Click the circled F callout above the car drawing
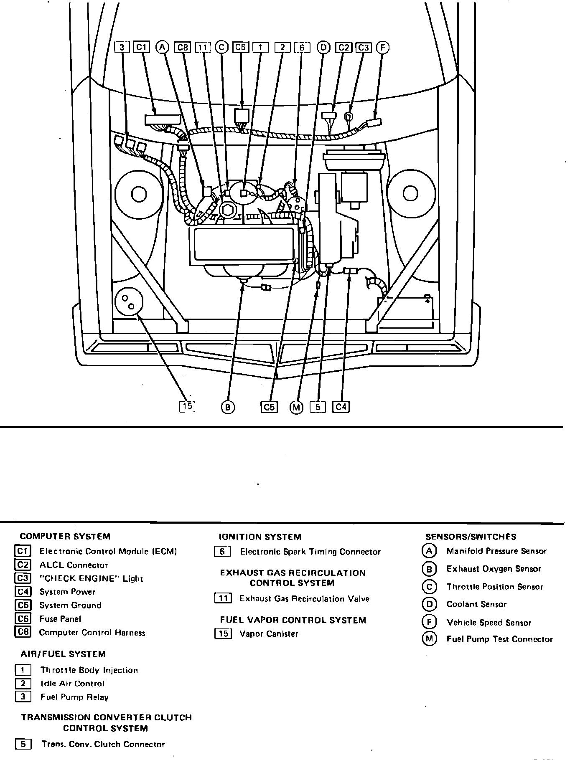pos(382,48)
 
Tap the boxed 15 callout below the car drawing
pos(187,406)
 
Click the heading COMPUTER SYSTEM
pos(65,537)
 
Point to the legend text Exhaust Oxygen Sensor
pos(494,569)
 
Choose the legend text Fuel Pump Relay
pos(74,697)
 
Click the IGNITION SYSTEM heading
pos(260,537)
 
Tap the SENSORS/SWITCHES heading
pos(471,537)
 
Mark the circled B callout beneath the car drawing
pos(227,407)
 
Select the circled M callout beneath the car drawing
pos(296,407)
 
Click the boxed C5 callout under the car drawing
pos(270,407)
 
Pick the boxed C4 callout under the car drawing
pos(341,406)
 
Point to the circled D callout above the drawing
pos(323,48)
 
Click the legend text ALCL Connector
pos(74,565)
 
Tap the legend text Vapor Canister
pos(269,634)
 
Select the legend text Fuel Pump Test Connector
pos(499,639)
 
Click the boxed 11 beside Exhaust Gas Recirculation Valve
pos(223,598)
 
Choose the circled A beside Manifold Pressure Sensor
pos(429,551)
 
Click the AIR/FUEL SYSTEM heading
pos(63,654)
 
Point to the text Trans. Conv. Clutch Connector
pos(103,745)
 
